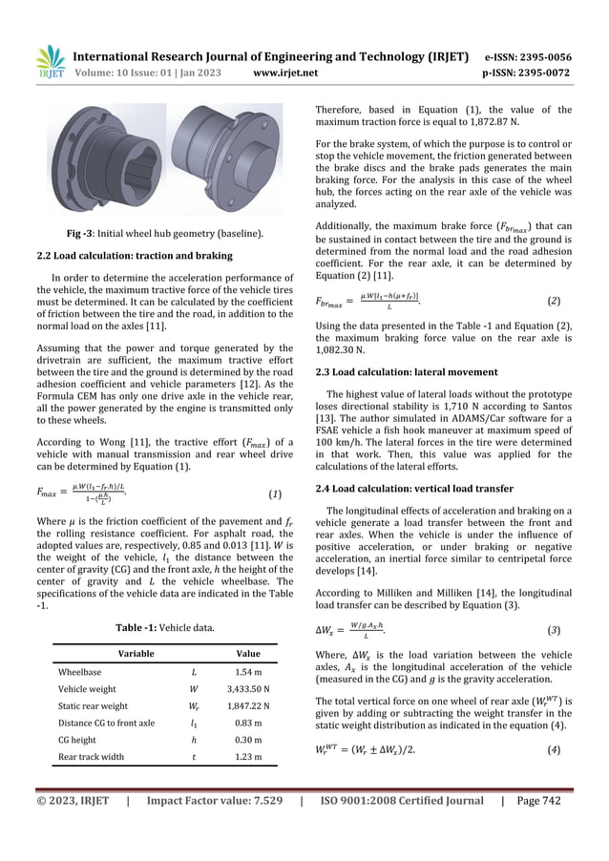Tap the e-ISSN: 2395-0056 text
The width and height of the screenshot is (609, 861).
pos(531,56)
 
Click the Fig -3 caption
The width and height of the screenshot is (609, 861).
pos(164,234)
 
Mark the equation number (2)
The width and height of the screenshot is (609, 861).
pos(554,302)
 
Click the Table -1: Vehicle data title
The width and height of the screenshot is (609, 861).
pos(164,626)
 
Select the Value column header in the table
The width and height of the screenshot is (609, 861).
pos(248,655)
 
